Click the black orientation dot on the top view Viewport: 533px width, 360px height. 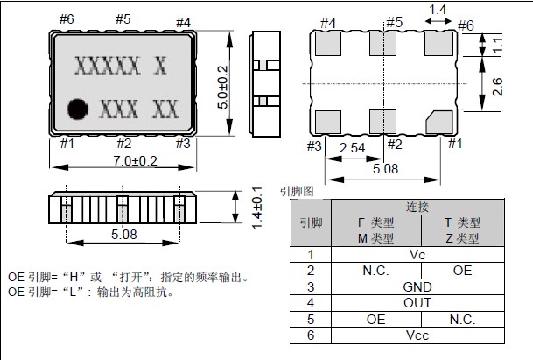(x=79, y=109)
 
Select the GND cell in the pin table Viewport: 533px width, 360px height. (x=417, y=286)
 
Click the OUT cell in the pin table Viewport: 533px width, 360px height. (x=417, y=302)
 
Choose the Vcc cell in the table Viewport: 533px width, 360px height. (x=417, y=335)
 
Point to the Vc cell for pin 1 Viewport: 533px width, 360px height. (x=417, y=254)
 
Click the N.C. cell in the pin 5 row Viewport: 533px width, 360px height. (x=461, y=319)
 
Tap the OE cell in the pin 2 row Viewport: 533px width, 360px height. (x=461, y=271)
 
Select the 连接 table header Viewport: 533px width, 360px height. (x=417, y=207)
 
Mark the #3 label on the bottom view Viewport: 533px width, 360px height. (x=315, y=145)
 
